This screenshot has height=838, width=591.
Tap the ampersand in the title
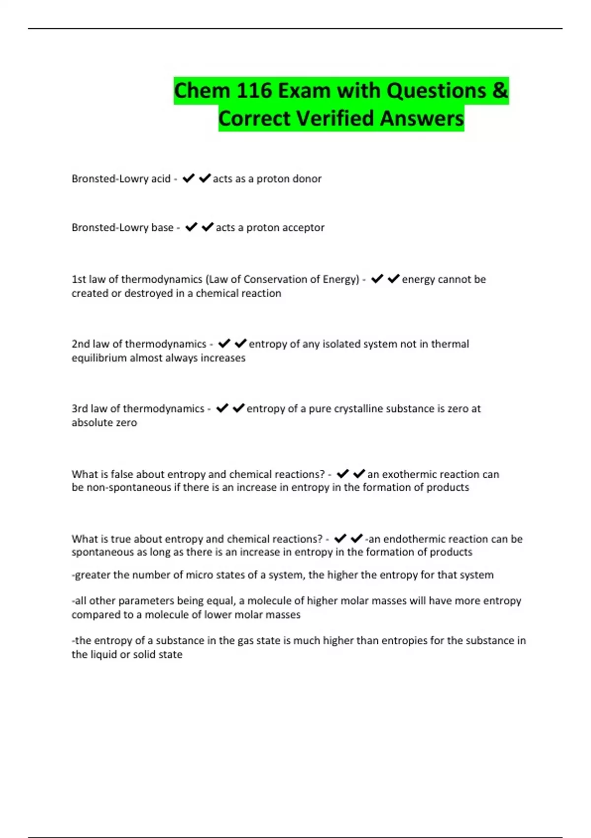[x=499, y=91]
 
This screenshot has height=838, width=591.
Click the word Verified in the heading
[x=334, y=118]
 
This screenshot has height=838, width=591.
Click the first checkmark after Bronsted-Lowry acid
[x=189, y=178]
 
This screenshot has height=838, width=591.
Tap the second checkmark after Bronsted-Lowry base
[x=208, y=227]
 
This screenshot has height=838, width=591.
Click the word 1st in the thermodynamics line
[x=79, y=279]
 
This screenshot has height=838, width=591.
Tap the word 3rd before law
[x=80, y=409]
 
